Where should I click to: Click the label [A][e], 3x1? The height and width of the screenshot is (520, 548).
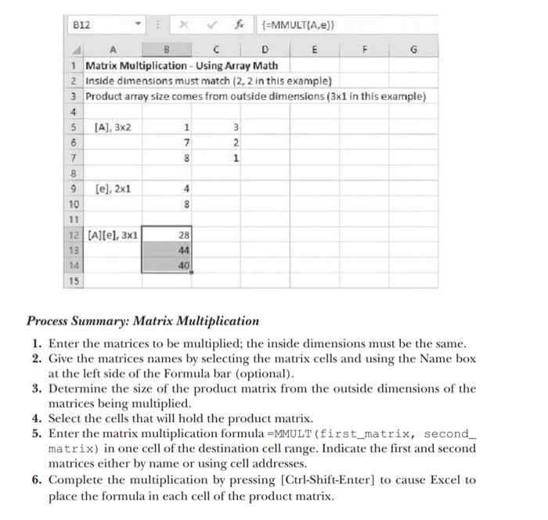[112, 234]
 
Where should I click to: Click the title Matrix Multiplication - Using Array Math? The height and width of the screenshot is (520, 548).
[181, 65]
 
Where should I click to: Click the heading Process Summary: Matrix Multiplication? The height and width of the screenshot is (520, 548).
[142, 321]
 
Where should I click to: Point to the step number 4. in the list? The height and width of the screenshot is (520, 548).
[37, 418]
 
